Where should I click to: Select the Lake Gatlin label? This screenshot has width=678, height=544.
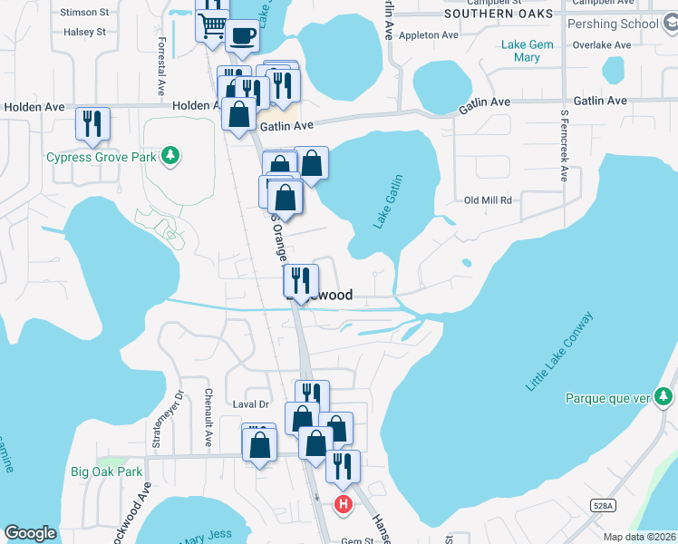click(x=388, y=201)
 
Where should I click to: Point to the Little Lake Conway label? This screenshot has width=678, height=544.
click(x=559, y=351)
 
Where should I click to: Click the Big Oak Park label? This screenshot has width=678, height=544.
click(x=107, y=471)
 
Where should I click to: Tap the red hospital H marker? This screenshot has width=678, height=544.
click(x=343, y=504)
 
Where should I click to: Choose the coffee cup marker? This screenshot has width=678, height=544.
click(x=241, y=35)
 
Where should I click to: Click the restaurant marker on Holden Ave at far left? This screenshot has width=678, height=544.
click(x=92, y=123)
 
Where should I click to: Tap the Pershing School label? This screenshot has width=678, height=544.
click(x=613, y=24)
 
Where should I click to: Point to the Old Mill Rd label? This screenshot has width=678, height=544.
click(x=488, y=200)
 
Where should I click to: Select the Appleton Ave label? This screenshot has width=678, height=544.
click(x=429, y=35)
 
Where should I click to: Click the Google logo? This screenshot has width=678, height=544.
click(x=30, y=533)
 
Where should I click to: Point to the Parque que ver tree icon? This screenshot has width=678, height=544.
click(x=664, y=397)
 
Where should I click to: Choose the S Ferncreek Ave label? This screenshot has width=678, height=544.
click(x=563, y=146)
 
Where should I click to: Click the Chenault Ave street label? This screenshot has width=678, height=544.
click(x=208, y=418)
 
